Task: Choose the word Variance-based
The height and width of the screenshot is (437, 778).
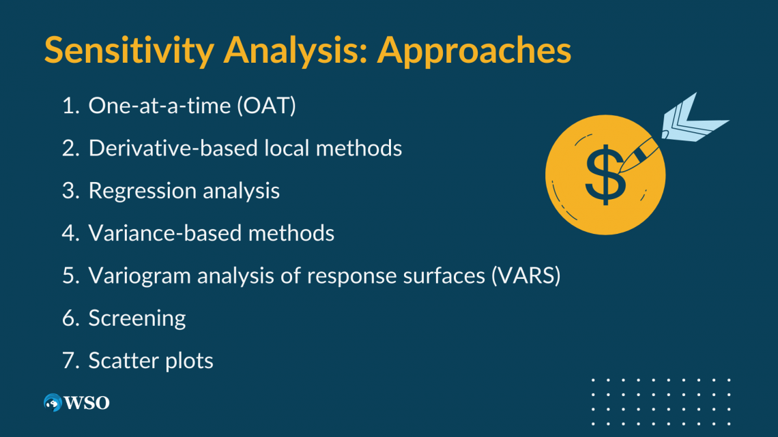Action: tap(164, 233)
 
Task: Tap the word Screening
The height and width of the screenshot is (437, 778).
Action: tap(137, 318)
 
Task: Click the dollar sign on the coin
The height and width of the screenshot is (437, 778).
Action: tap(603, 174)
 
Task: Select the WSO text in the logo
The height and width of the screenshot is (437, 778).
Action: tap(87, 403)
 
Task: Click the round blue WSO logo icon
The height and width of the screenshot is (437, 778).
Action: tap(53, 403)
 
